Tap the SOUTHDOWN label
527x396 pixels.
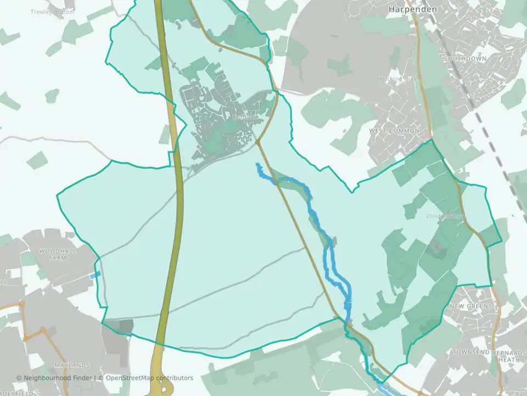click(x=465, y=58)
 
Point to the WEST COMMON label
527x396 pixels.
click(x=394, y=131)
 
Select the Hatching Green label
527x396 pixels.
click(x=397, y=79)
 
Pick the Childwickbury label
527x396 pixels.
click(x=445, y=216)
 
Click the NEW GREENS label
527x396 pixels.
click(x=472, y=306)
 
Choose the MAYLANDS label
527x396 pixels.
click(x=71, y=365)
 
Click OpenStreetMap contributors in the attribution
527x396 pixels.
click(x=149, y=378)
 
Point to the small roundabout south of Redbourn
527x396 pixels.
click(x=257, y=142)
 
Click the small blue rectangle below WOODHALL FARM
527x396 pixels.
click(x=96, y=274)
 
